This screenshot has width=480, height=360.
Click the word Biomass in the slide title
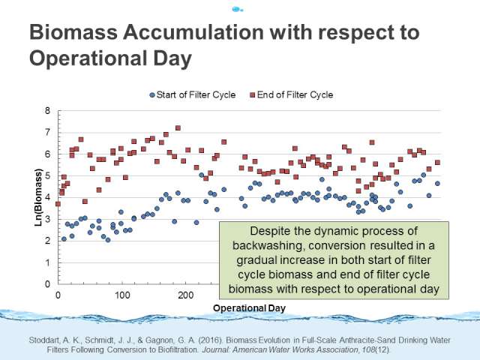tap(73, 31)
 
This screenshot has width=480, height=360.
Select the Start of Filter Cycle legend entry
tap(193, 95)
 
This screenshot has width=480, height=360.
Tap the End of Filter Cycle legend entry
tap(292, 95)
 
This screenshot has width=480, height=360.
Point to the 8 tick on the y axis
tap(47, 111)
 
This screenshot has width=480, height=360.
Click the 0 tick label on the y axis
tap(47, 284)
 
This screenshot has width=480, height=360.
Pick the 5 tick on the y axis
tap(47, 175)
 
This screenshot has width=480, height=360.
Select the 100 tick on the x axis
tap(122, 295)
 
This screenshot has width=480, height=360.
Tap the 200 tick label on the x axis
tap(186, 295)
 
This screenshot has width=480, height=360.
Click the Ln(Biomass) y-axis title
tap(38, 197)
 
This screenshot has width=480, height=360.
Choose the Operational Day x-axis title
tap(249, 308)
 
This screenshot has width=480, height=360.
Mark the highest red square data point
tap(178, 128)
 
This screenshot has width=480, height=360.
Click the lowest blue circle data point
tap(108, 240)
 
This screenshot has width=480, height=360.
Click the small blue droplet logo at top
tap(237, 10)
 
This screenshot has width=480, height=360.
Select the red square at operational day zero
tap(58, 204)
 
